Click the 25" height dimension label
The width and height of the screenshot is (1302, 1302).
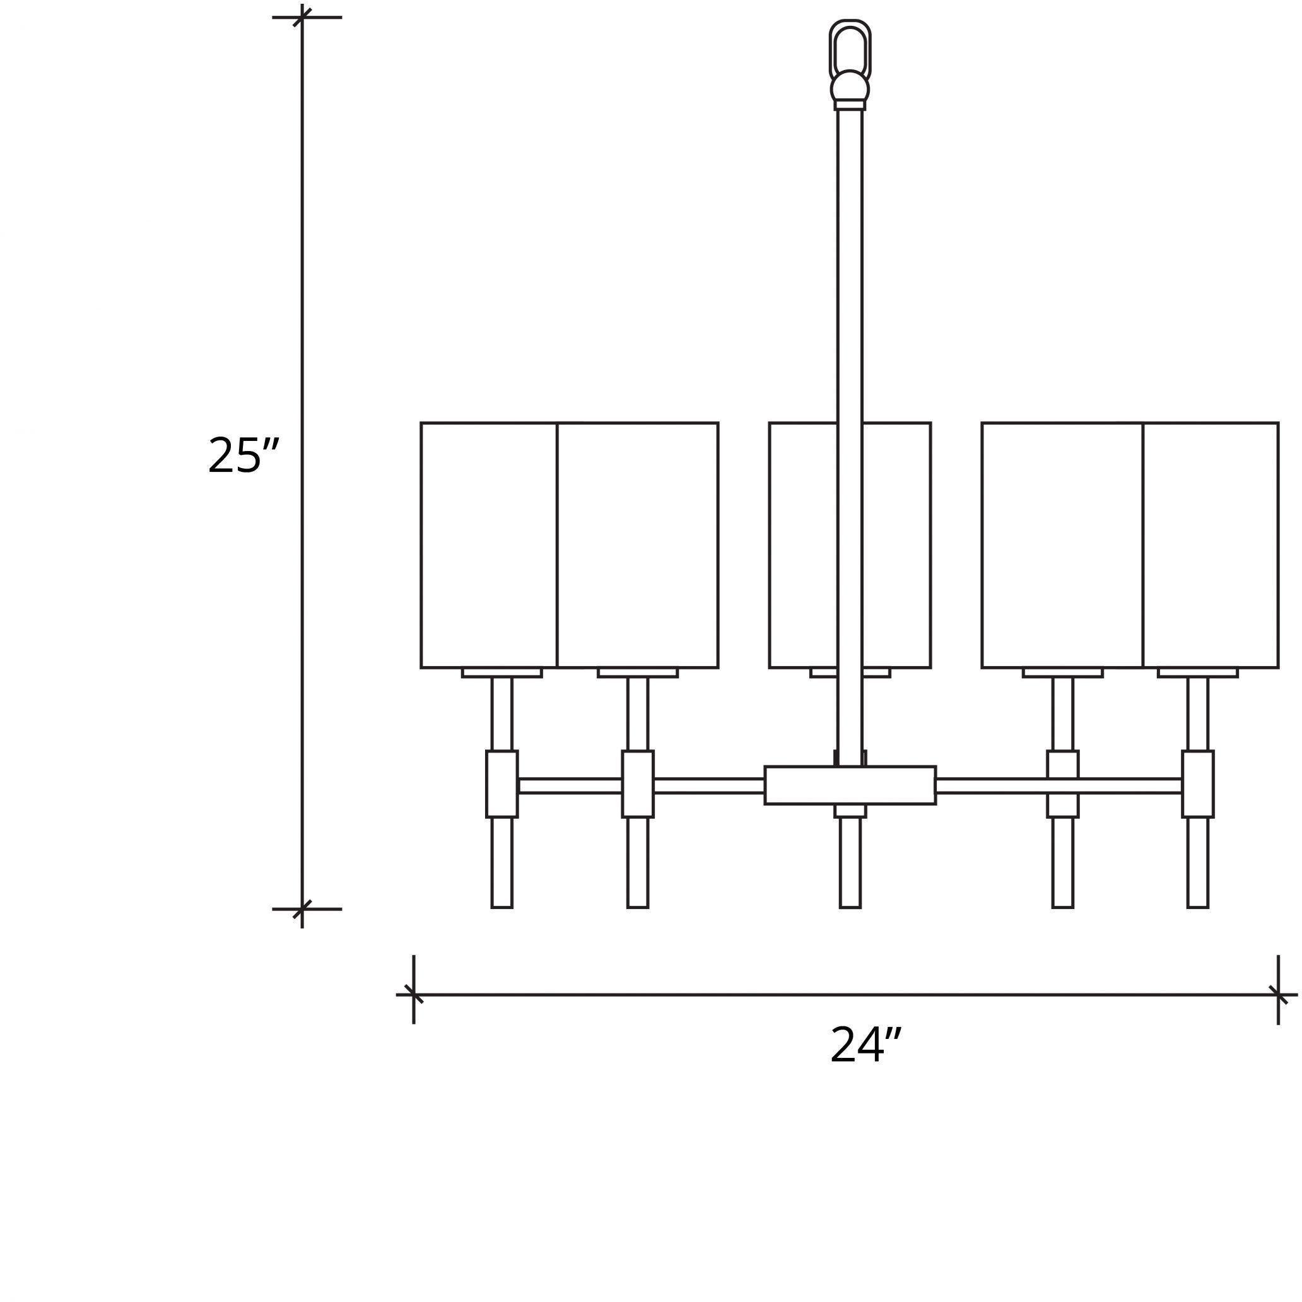pos(243,455)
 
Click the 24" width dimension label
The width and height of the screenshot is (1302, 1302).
pos(865,1045)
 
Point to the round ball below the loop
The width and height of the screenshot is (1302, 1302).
pos(850,87)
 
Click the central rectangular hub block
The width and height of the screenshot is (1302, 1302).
pos(850,785)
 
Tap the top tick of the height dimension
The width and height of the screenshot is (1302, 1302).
pos(302,18)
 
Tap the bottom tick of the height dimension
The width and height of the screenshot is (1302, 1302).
pos(302,909)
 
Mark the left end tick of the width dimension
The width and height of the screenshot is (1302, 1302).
pos(414,995)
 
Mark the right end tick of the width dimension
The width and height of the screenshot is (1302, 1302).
pos(1279,995)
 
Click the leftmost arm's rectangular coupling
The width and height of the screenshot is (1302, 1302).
pos(502,783)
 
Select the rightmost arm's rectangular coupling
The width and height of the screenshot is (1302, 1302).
pos(1197,783)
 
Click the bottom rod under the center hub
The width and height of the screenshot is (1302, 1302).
pos(850,862)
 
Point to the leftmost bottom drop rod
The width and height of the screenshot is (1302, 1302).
pos(502,862)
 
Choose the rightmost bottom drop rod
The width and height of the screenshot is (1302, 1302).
pos(1197,862)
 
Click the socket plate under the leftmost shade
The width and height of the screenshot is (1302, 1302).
pos(502,672)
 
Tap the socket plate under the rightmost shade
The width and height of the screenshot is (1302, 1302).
pos(1197,672)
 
